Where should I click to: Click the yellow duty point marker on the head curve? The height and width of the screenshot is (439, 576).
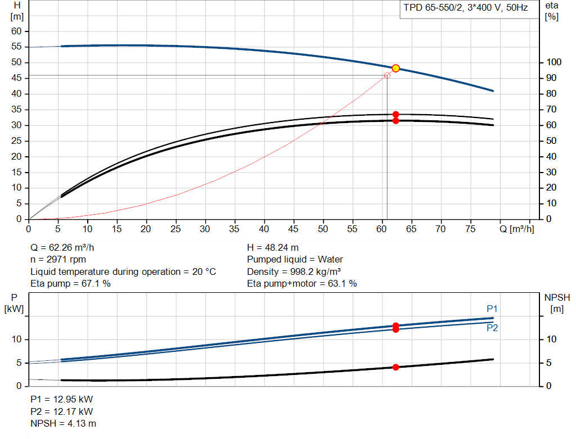(x=395, y=68)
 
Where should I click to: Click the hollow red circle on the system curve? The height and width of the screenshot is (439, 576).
(x=387, y=75)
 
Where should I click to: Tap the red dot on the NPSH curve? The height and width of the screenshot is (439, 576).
(x=395, y=367)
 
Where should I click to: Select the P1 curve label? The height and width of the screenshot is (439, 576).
(x=492, y=309)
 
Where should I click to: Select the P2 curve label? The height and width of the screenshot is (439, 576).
(x=492, y=328)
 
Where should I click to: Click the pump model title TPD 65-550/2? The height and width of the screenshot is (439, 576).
(x=433, y=8)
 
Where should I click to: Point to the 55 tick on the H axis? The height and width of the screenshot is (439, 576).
(x=16, y=47)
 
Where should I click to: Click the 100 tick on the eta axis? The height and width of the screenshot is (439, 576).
(x=553, y=62)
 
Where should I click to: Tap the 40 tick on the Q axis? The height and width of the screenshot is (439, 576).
(x=264, y=229)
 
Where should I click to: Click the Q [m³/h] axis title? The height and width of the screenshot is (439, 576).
(x=516, y=229)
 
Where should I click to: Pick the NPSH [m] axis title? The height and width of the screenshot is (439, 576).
(x=557, y=303)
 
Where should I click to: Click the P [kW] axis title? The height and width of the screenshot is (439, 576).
(x=14, y=303)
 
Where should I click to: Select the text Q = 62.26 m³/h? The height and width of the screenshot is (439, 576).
(x=62, y=248)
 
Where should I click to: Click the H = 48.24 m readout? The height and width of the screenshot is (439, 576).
(x=273, y=248)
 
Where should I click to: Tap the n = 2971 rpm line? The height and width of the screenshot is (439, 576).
(x=58, y=260)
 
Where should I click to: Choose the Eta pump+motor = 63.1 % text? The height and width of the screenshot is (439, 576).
(x=302, y=283)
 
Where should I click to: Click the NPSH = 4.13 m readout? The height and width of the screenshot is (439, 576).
(x=63, y=424)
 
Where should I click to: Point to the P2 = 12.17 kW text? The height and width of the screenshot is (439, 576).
(x=62, y=411)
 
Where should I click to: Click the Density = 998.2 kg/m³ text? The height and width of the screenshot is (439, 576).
(x=294, y=271)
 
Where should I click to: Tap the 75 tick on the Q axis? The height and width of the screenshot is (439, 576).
(x=470, y=229)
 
